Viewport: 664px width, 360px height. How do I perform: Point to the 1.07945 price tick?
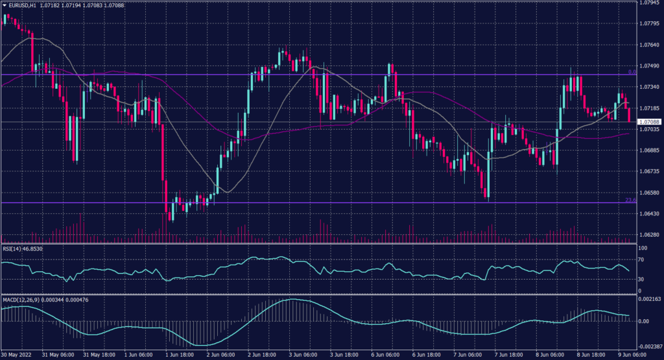[649, 3]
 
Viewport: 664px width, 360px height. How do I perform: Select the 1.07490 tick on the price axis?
[649, 66]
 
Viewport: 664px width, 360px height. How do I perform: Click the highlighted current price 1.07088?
[649, 122]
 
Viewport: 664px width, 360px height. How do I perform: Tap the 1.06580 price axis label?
[649, 193]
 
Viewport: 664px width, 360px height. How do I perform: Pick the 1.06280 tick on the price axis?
[649, 235]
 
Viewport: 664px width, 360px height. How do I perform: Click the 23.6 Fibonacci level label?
[630, 200]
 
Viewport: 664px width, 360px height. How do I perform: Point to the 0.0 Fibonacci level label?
[632, 72]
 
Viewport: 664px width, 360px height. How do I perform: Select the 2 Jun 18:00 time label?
[262, 356]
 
